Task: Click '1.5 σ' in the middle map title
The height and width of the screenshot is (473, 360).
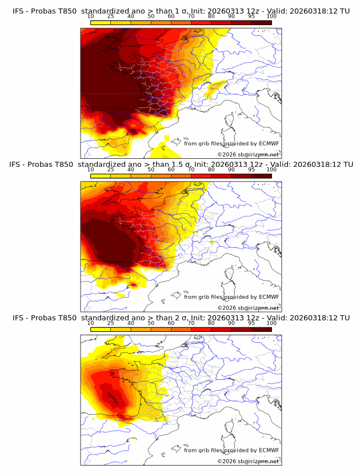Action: [181, 165]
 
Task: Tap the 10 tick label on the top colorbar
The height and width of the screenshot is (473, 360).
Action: [90, 17]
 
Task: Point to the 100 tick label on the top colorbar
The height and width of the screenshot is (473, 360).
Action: [271, 17]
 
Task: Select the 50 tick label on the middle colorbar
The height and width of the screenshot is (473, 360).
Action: [151, 170]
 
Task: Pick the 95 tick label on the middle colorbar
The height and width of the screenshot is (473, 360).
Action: [251, 170]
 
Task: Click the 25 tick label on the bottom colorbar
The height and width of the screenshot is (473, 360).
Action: [110, 323]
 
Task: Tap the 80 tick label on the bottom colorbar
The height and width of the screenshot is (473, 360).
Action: [211, 323]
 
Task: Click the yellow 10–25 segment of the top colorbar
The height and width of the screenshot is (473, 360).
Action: [100, 22]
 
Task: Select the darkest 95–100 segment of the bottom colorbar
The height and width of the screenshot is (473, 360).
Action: [262, 328]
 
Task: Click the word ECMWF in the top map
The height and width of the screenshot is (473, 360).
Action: [269, 143]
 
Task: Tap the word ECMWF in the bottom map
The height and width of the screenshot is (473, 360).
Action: [269, 450]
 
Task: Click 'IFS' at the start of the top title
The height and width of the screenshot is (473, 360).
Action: [19, 11]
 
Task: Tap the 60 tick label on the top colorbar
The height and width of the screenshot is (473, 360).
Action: [171, 17]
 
